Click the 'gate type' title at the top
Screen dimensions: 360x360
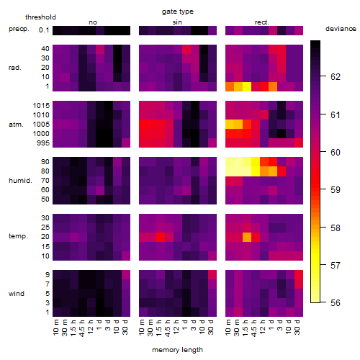(178, 12)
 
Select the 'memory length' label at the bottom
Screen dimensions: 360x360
(177, 350)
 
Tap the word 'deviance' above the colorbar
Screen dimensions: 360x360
(341, 29)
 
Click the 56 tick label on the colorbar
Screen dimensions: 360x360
(336, 303)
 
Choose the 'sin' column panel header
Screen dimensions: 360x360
(177, 22)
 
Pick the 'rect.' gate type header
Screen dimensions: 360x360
(262, 22)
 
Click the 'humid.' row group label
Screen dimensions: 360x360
(20, 181)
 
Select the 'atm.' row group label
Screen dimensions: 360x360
(16, 125)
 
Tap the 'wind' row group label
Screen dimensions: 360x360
(17, 294)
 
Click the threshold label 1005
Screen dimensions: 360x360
(41, 125)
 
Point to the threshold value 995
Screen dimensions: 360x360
(43, 143)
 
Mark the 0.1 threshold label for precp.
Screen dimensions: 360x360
(44, 30)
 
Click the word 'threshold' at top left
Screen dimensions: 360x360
(40, 17)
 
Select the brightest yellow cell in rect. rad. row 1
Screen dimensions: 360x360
(247, 86)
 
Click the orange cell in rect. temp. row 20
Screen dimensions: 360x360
(247, 237)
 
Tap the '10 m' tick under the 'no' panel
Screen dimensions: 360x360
(55, 327)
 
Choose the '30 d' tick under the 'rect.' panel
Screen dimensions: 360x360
(297, 327)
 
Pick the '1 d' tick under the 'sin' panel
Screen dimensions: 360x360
(185, 325)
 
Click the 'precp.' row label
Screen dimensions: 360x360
(19, 30)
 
